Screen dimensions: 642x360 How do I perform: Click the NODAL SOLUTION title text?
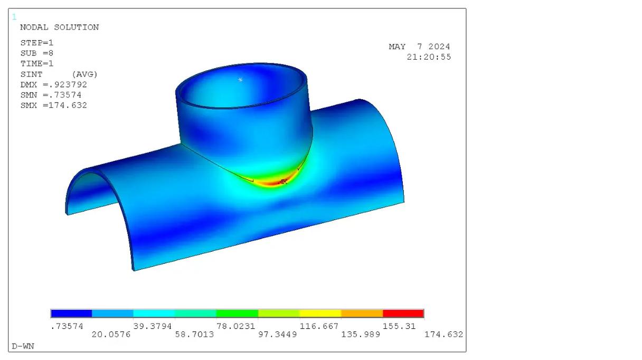(59, 27)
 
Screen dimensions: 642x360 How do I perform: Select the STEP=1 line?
(36, 43)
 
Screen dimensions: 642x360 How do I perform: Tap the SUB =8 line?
(36, 53)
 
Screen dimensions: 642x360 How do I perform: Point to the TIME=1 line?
(36, 64)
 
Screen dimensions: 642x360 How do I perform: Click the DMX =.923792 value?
(54, 85)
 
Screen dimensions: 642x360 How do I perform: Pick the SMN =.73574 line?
(51, 95)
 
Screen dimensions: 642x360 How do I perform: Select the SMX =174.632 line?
(54, 106)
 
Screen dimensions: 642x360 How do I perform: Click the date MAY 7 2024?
(419, 46)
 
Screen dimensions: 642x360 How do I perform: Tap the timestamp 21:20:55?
(429, 57)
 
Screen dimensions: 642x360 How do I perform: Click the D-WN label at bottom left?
(23, 346)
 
